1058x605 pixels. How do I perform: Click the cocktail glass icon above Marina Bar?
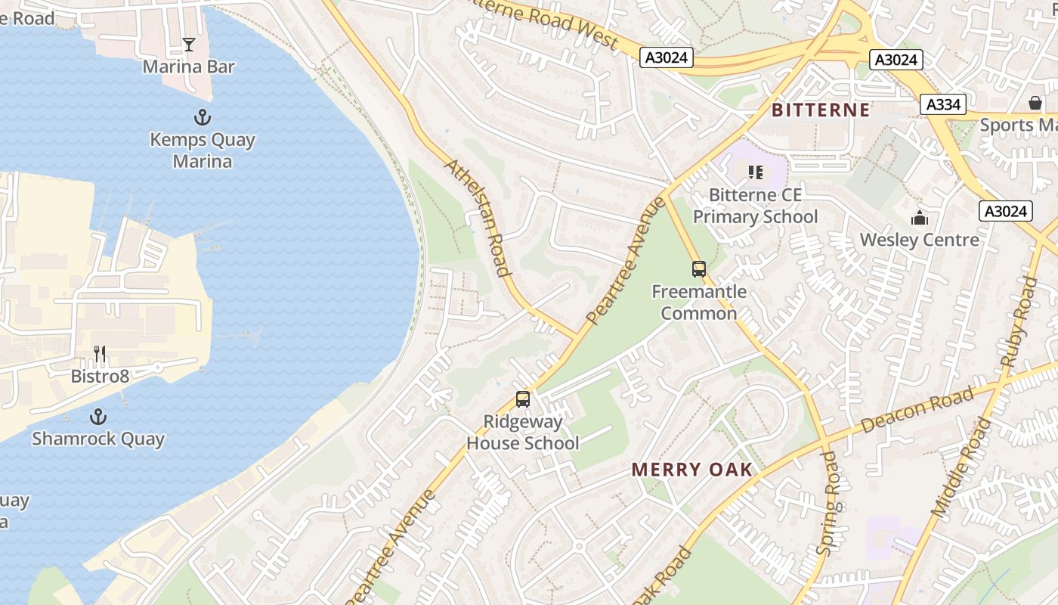click(189, 45)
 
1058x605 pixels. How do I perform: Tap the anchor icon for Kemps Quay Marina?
click(202, 117)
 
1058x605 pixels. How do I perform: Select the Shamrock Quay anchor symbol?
click(97, 417)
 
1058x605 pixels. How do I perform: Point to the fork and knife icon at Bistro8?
click(99, 353)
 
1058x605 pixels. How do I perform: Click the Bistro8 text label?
click(100, 376)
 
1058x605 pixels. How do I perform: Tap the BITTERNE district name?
click(821, 110)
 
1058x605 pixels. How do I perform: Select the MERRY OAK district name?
click(692, 470)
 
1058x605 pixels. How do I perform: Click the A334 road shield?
click(943, 105)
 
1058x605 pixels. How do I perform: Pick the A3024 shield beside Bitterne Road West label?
click(666, 57)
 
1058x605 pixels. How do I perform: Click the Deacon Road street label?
click(917, 411)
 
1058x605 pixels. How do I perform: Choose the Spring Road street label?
click(829, 503)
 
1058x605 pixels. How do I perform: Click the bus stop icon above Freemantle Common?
click(699, 268)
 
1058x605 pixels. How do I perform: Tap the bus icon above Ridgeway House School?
click(522, 399)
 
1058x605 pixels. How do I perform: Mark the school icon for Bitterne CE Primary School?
click(755, 172)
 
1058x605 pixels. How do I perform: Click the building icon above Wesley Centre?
click(920, 219)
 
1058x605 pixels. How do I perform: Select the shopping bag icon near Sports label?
click(1035, 103)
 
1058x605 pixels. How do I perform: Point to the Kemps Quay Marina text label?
click(203, 150)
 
